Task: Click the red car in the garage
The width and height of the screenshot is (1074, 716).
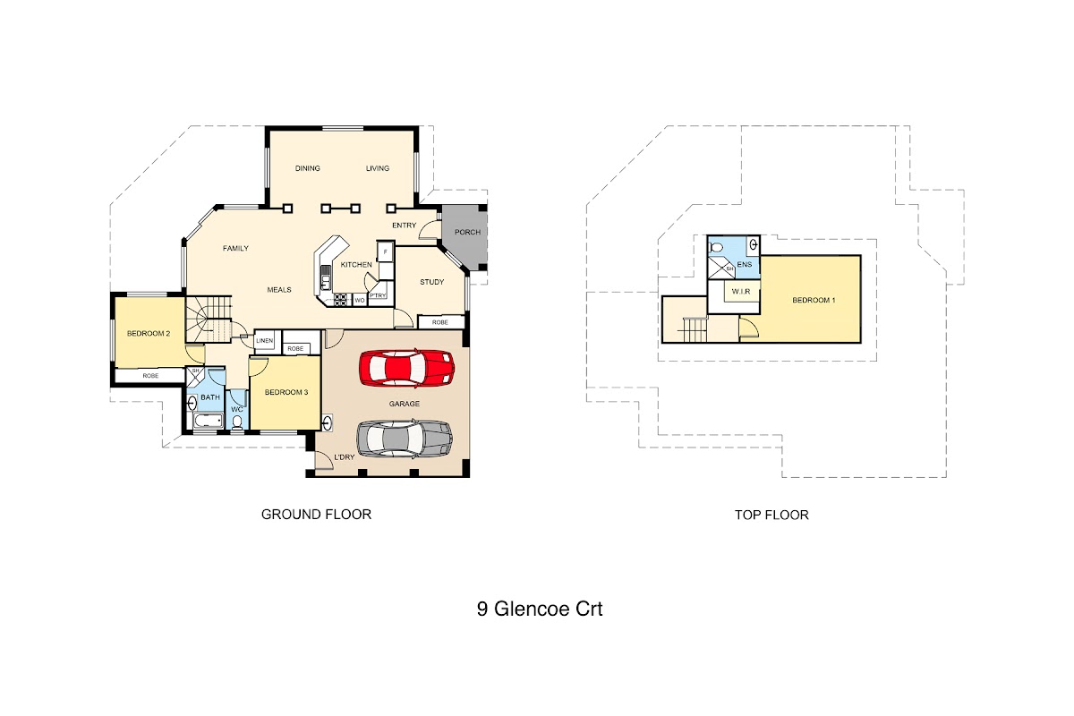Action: coord(406,368)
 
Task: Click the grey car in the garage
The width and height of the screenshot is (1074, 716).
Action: coord(405,438)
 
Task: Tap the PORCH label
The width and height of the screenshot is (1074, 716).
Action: coord(467,232)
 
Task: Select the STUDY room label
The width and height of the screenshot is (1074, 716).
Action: coord(432,282)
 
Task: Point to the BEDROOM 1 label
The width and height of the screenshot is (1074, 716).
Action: coord(814,300)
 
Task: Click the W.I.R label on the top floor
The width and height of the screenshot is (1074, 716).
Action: coord(741,292)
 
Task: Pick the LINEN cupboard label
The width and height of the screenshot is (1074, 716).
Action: coord(264,340)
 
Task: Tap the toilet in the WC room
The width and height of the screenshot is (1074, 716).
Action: coord(237,422)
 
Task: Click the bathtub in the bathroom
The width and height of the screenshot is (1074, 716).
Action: coord(208,421)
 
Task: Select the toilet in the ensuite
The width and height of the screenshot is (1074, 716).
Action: coord(717,247)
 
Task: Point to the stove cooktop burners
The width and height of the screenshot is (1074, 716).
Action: coord(341,300)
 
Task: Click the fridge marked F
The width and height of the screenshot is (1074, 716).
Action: coord(385,251)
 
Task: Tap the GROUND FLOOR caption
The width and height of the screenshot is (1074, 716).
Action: coord(317,515)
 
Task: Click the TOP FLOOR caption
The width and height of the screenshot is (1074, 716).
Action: coord(771,515)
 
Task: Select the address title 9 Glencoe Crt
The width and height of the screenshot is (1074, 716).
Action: coord(540,609)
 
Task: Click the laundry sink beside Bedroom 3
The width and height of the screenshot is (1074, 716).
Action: coord(328,423)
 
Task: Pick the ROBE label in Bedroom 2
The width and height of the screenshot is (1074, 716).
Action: coord(150,376)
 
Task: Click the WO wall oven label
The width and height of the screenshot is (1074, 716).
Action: coord(360,300)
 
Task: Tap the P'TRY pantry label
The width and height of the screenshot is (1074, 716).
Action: coord(378,296)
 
